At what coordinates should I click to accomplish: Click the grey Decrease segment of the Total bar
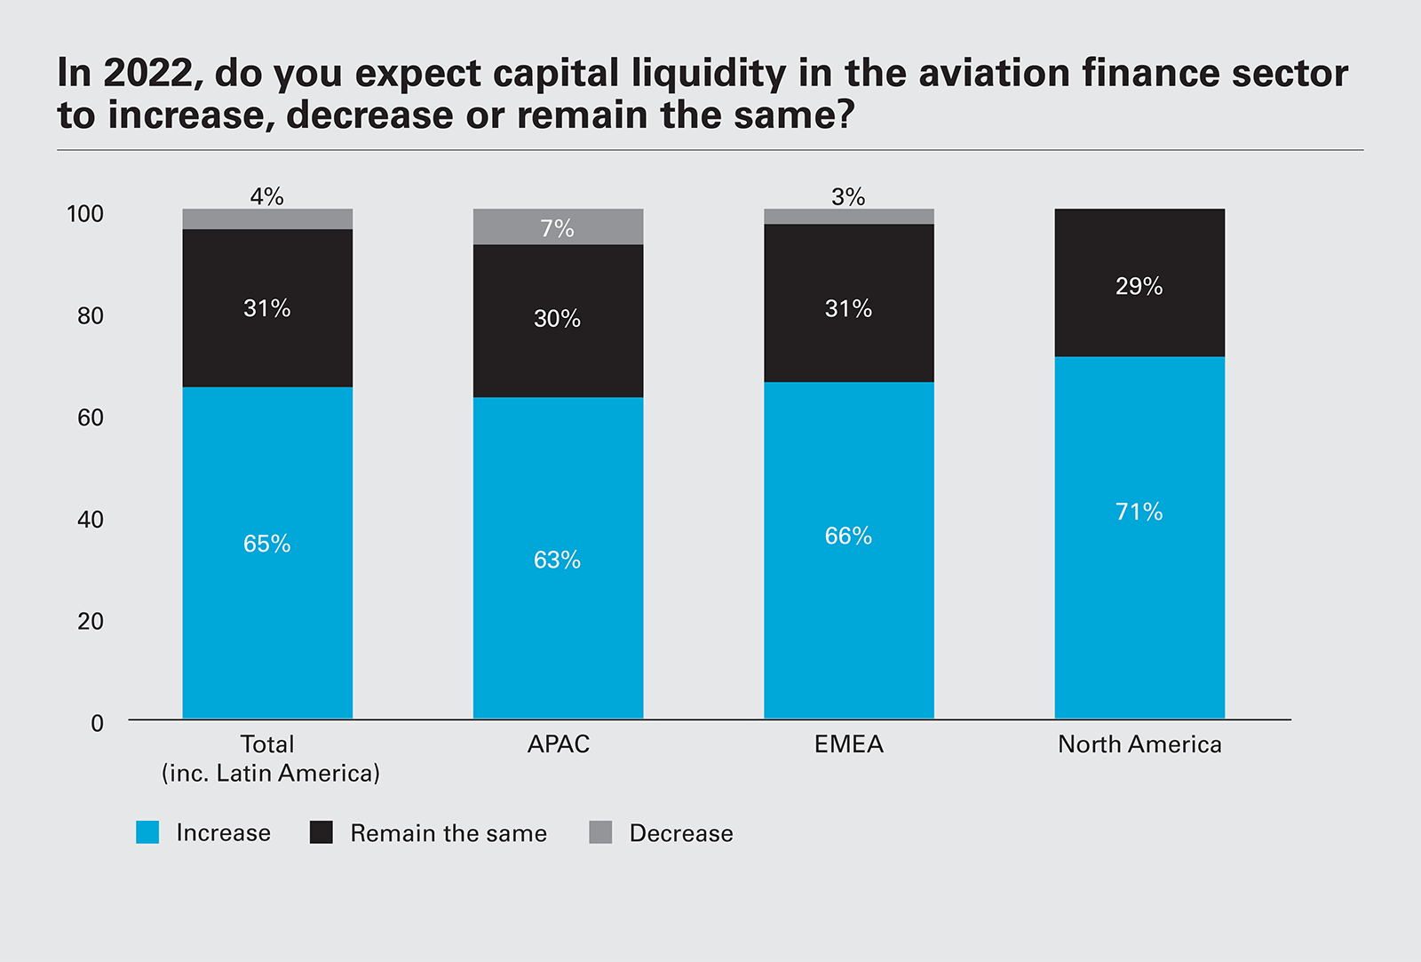click(267, 219)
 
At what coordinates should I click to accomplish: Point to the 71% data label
click(1139, 512)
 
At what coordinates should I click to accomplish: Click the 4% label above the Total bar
click(266, 196)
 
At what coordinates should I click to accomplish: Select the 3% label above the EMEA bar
click(848, 196)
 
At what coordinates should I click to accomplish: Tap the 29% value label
click(1139, 286)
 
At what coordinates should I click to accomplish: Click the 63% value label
click(557, 560)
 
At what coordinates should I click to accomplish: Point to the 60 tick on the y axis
click(91, 417)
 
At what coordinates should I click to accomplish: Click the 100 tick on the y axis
click(85, 213)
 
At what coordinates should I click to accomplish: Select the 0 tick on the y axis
click(97, 723)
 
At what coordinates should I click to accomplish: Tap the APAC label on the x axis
click(559, 744)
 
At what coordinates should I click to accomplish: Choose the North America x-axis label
click(1139, 744)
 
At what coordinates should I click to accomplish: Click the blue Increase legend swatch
click(147, 832)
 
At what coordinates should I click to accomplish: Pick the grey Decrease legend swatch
click(600, 832)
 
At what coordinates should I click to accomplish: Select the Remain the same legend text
click(449, 833)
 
